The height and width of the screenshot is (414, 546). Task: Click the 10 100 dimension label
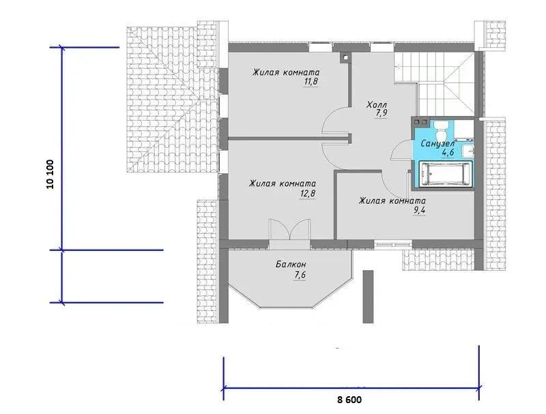pyautogui.click(x=51, y=174)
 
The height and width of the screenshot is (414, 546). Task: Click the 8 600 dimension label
pyautogui.click(x=349, y=400)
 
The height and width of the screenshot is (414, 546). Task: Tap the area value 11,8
pyautogui.click(x=311, y=81)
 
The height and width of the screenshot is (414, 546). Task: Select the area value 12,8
pyautogui.click(x=308, y=193)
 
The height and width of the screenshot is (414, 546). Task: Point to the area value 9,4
pyautogui.click(x=419, y=210)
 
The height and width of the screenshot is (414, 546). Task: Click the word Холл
pyautogui.click(x=377, y=104)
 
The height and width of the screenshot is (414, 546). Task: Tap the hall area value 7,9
pyautogui.click(x=382, y=113)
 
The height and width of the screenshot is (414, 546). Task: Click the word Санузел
pyautogui.click(x=437, y=144)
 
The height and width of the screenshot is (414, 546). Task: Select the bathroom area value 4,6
pyautogui.click(x=448, y=153)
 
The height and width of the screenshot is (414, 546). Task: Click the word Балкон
pyautogui.click(x=291, y=265)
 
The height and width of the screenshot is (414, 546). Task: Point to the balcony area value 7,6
pyautogui.click(x=300, y=274)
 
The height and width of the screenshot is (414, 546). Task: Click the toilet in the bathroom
pyautogui.click(x=442, y=130)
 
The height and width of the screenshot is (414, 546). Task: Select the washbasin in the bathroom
pyautogui.click(x=468, y=150)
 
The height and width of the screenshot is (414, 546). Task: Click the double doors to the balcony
pyautogui.click(x=289, y=230)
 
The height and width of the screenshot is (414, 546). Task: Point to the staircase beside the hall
pyautogui.click(x=435, y=83)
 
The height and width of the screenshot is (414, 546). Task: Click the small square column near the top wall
pyautogui.click(x=345, y=59)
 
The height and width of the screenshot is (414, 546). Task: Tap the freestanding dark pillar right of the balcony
pyautogui.click(x=368, y=297)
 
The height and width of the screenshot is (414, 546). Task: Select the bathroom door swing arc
pyautogui.click(x=400, y=151)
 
